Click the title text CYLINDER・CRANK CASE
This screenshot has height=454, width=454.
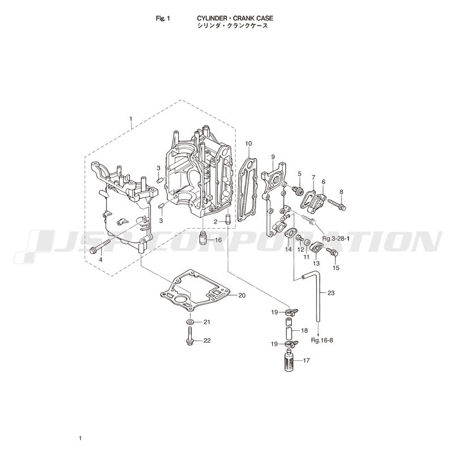coord(235,18)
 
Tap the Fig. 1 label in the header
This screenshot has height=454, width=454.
coord(163,19)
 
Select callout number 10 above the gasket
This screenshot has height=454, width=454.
coord(249,144)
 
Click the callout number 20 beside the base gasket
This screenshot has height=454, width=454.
coord(242,295)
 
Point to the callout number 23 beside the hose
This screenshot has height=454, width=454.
coord(331,293)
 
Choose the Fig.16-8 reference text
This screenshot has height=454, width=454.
coord(322,340)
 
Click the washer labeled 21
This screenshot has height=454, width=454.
coord(190,322)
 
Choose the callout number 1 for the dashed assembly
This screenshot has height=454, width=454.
coord(131,119)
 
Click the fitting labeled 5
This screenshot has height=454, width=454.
coord(299,191)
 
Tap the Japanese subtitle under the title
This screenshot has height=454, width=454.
coord(233,26)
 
